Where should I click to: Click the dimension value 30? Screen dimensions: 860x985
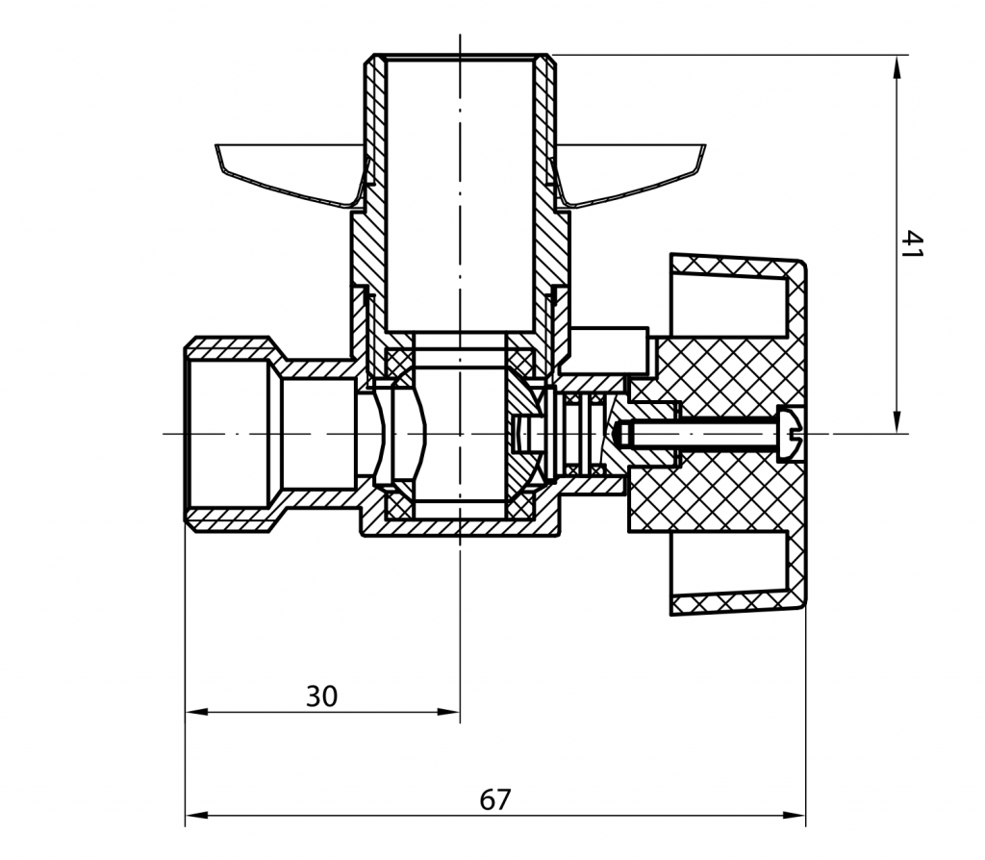click(x=321, y=696)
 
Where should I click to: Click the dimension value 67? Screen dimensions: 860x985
click(x=495, y=799)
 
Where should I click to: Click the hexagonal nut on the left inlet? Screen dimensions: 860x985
click(x=226, y=433)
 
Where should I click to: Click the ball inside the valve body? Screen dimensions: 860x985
click(x=460, y=433)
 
